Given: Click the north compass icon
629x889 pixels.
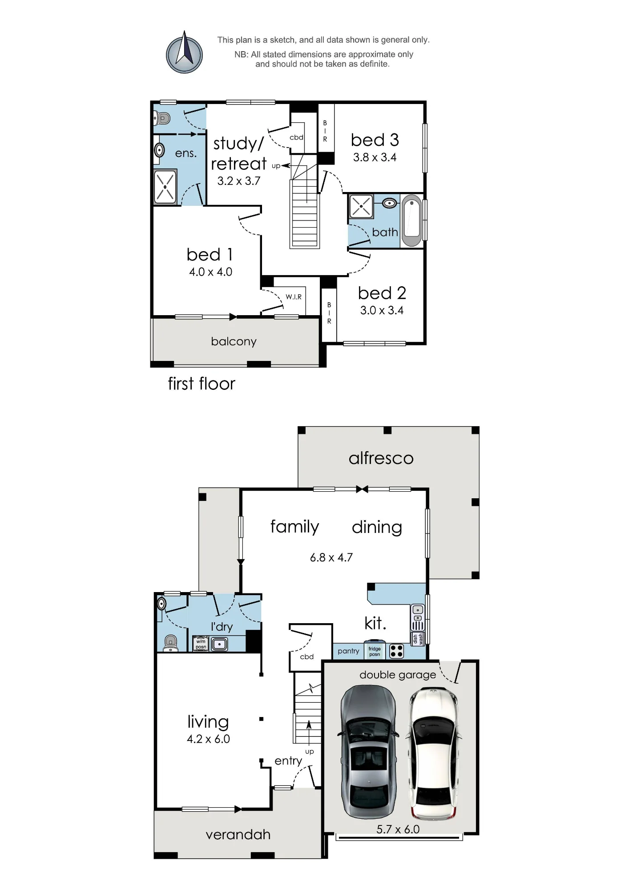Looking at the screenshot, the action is point(184,52).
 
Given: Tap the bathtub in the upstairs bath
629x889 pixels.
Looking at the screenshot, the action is point(411,220).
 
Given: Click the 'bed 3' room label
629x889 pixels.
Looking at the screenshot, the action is point(375,140).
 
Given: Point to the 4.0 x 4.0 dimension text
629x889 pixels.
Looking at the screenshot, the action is point(211,272).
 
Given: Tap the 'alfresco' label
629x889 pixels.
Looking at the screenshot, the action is point(381,458).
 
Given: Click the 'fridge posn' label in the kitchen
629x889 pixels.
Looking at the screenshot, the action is point(375,652).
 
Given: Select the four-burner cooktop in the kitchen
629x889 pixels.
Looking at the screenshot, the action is point(396,651).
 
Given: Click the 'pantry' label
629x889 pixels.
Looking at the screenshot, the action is point(348,651).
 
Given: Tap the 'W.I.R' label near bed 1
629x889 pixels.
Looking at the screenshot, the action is point(294,297).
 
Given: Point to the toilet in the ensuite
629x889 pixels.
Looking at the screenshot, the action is point(162,118).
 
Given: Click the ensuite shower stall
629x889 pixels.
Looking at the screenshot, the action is point(165,187).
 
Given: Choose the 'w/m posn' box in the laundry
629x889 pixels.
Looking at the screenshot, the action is point(201,644).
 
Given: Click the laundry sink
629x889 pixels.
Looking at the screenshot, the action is point(219,644).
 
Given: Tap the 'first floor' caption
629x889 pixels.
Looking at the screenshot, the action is point(202,384).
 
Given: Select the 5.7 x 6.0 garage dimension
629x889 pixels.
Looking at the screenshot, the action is point(398,829).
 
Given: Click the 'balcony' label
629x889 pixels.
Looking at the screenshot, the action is point(234,341).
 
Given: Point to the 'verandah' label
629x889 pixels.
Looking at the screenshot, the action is point(238,834).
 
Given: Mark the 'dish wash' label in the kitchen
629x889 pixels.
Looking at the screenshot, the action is point(418,639).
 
